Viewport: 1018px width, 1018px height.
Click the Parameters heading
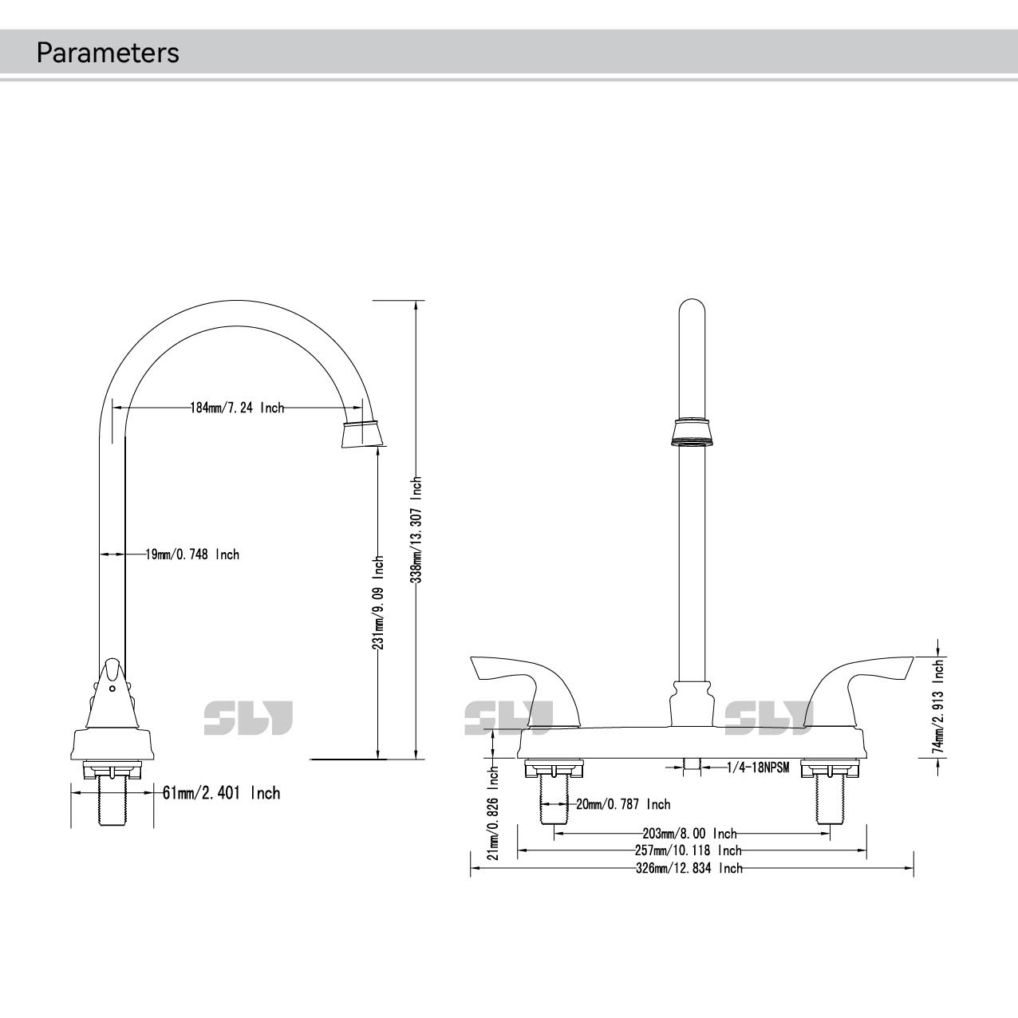tap(108, 53)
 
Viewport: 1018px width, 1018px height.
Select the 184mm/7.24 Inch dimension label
tap(237, 408)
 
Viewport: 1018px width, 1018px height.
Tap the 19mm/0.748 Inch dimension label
tap(192, 554)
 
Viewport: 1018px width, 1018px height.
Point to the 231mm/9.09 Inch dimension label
tap(377, 602)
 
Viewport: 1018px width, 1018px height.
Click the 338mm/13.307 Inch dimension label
tap(416, 529)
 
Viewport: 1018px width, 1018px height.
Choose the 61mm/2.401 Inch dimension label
tap(221, 793)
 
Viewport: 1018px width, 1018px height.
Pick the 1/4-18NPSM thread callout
tap(758, 767)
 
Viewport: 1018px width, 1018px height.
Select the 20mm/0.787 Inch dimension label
tap(623, 804)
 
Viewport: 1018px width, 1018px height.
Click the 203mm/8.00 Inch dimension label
tap(689, 834)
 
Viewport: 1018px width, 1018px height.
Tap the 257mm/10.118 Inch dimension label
tap(689, 850)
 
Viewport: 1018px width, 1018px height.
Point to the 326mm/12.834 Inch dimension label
tap(689, 868)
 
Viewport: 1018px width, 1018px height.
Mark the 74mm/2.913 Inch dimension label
tap(937, 706)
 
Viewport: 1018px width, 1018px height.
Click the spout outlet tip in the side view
tap(363, 447)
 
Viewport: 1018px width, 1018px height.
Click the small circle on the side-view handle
tap(112, 689)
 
